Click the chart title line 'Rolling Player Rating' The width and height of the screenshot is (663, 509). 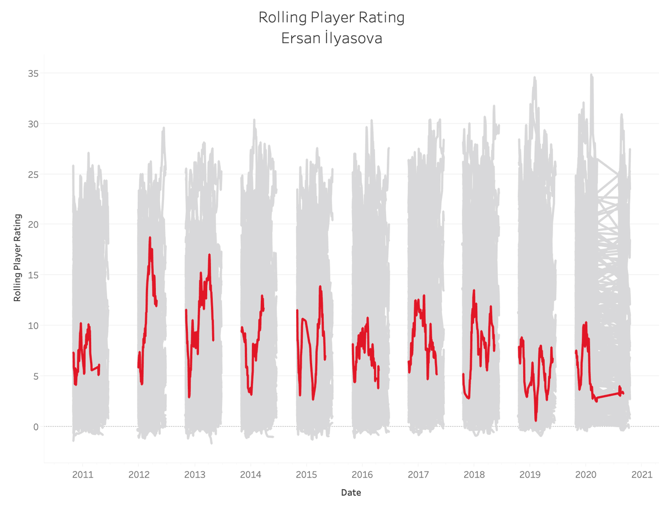pos(331,18)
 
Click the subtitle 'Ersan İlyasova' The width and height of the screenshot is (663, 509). pos(331,38)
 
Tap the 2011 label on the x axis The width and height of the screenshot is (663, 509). pos(83,475)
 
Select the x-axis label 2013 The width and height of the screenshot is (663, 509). pos(194,475)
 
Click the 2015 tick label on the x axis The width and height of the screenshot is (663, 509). pos(306,475)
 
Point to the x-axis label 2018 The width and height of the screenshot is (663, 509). pos(474,475)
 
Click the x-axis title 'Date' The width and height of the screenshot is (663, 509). pos(351,492)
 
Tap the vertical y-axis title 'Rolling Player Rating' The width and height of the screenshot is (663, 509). pos(17,258)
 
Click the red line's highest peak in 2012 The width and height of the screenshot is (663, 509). pos(150,238)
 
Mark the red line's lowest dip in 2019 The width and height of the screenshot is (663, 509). pos(536,421)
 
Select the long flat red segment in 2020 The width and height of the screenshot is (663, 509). pos(608,395)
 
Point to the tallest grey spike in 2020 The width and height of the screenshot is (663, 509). pos(591,75)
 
